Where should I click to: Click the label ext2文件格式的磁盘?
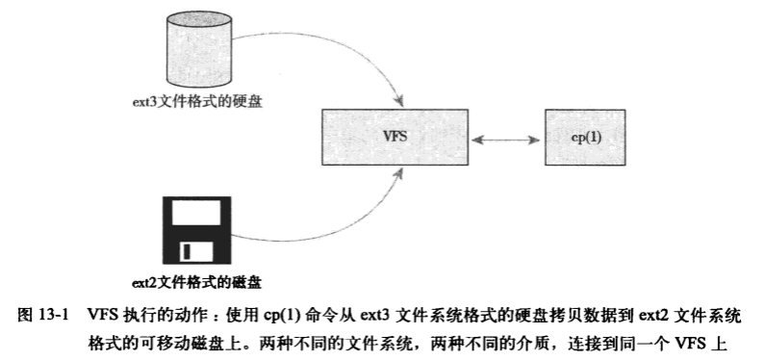[x=196, y=282]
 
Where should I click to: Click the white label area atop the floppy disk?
[x=196, y=215]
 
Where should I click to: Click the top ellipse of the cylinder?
[x=197, y=19]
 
